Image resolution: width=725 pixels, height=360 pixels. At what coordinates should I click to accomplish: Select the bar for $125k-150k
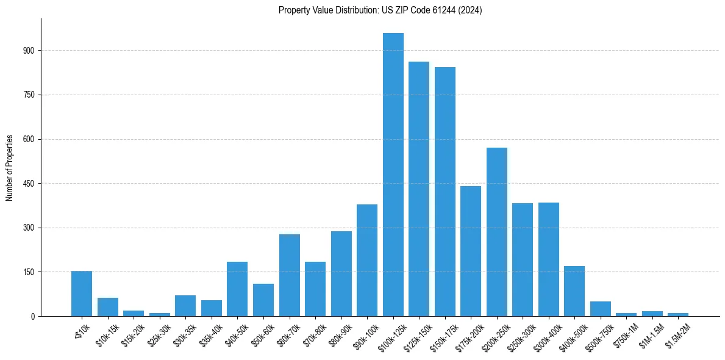[x=419, y=189]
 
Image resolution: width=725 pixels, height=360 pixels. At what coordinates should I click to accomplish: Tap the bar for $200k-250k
[x=496, y=232]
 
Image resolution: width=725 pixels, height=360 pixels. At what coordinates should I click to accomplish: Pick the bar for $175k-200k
[x=471, y=251]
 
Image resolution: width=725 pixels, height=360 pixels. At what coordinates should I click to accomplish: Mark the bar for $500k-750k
[x=600, y=309]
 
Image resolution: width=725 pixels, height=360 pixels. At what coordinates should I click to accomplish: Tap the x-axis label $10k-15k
[x=106, y=334]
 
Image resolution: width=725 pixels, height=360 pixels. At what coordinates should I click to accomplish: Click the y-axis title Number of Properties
[x=9, y=167]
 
